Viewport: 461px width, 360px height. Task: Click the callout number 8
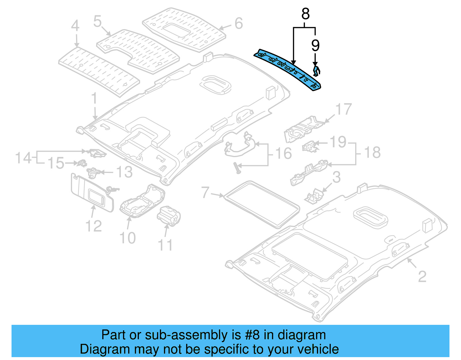[x=305, y=14]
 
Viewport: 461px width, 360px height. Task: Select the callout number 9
[x=315, y=45]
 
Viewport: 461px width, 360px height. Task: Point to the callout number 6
[x=239, y=23]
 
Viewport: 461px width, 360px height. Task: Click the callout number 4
[x=75, y=26]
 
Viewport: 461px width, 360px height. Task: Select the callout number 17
[x=343, y=110]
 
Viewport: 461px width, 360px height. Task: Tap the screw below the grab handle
[x=238, y=168]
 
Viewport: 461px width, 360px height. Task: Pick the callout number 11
[x=165, y=245]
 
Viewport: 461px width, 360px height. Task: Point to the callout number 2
[x=422, y=277]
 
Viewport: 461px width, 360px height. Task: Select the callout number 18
[x=372, y=152]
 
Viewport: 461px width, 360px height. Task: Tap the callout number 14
[x=23, y=158]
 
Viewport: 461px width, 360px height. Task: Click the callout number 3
[x=336, y=178]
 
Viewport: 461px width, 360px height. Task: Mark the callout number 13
[x=124, y=172]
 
